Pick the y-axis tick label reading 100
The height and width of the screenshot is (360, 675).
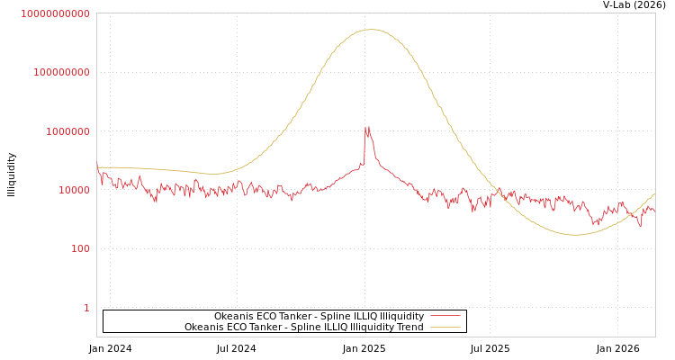coord(80,248)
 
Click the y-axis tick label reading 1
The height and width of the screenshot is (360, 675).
coord(86,308)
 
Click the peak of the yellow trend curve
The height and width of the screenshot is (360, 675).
coord(372,30)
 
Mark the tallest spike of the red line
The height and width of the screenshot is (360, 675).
coord(367,127)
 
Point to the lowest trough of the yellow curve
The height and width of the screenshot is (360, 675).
coord(574,235)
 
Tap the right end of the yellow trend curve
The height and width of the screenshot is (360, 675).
coord(654,193)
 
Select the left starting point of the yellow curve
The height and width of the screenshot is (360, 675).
coord(97,166)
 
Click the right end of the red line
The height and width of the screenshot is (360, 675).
coord(654,211)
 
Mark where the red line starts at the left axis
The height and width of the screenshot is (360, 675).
coord(97,163)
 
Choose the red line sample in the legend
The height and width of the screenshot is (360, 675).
coord(445,316)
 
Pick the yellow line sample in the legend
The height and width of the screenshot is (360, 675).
coord(445,327)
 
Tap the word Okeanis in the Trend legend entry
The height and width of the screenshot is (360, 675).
coord(204,327)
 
